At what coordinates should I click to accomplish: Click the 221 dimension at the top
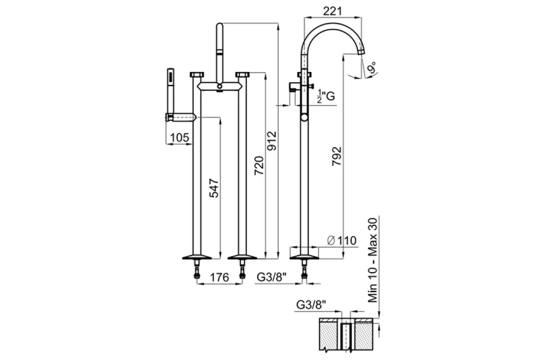[333, 11]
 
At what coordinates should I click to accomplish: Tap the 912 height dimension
[271, 140]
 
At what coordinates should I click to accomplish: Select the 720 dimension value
[259, 166]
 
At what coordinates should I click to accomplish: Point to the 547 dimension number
[215, 188]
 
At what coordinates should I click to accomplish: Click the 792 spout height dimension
[336, 156]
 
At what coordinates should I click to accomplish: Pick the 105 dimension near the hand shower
[180, 138]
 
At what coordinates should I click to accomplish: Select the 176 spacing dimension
[219, 277]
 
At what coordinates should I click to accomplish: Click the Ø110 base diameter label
[341, 240]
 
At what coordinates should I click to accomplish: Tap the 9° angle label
[372, 68]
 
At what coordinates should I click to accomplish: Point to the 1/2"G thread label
[325, 96]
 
